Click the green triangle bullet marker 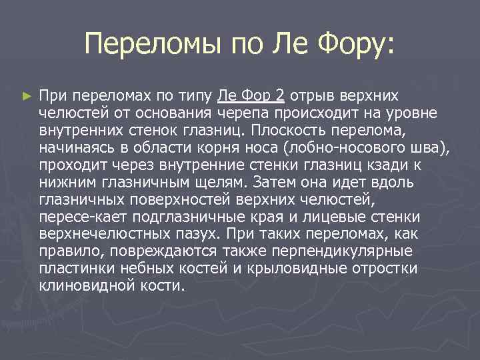pos(27,96)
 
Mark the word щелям pos(211,182)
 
